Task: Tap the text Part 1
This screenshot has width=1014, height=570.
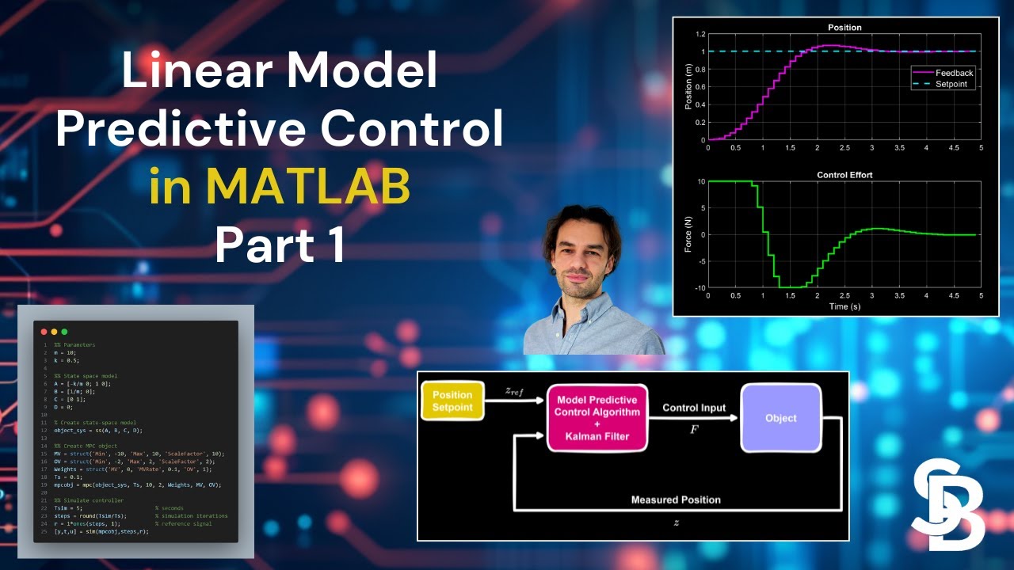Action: coord(280,246)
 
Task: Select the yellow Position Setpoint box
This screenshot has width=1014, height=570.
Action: coord(452,401)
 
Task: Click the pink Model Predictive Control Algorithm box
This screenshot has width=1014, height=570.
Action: coord(597,418)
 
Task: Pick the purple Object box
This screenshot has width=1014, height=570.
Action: coord(780,418)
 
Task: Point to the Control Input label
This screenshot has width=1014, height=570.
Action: coord(694,408)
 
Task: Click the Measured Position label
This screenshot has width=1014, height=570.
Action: coord(676,500)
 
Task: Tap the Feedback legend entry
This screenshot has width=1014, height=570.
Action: coord(954,73)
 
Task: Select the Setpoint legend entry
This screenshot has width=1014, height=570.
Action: coord(951,84)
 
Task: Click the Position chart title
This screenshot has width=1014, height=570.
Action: coord(844,28)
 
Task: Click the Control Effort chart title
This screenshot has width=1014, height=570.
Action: coord(844,175)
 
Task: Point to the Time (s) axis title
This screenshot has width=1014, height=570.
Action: coord(844,306)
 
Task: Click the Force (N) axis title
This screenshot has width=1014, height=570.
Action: coord(688,235)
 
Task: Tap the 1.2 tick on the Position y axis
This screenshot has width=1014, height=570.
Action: coord(700,35)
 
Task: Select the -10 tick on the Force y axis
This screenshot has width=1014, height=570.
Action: coord(698,288)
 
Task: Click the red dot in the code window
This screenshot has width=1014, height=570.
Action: coord(44,331)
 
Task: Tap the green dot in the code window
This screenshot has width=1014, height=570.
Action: coord(64,331)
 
